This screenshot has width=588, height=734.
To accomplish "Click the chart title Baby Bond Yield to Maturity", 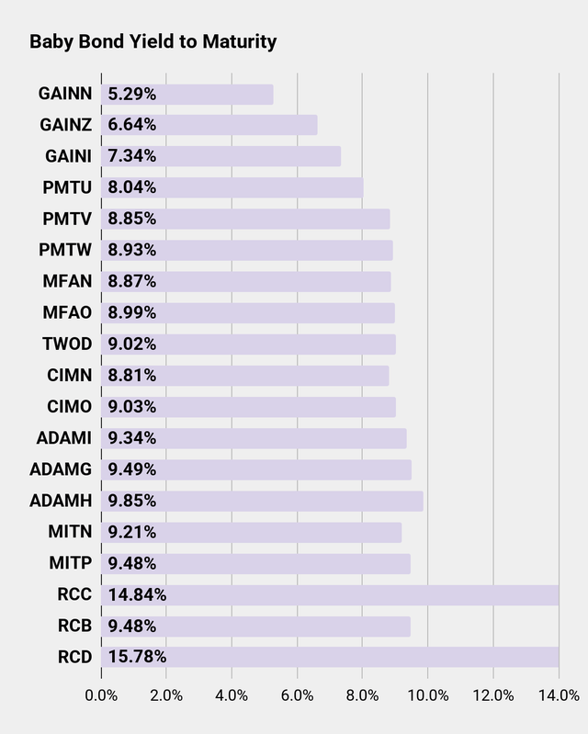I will (x=153, y=42).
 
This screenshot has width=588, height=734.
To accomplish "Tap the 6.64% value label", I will (x=132, y=125).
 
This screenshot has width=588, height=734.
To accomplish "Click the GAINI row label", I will (x=66, y=156).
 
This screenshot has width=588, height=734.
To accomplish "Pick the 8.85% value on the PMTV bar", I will (x=132, y=219).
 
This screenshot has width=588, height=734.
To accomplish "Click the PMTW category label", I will (x=66, y=250).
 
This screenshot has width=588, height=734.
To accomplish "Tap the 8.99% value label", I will (x=132, y=312).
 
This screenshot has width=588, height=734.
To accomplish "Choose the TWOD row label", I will (x=67, y=344).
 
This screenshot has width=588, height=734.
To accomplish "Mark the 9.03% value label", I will (x=132, y=407).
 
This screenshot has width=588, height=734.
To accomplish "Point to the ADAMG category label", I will (x=61, y=469).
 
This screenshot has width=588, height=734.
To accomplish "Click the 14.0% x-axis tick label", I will (x=559, y=695).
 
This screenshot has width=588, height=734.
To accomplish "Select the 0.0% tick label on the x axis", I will (x=101, y=695).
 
